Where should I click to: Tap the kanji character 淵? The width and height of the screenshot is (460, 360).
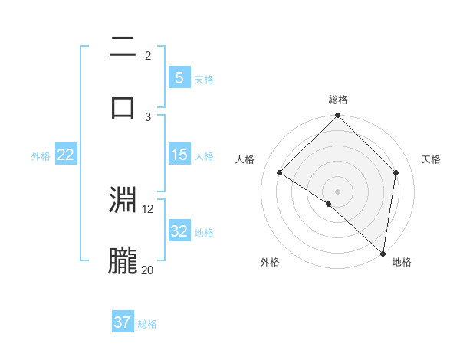[123, 201]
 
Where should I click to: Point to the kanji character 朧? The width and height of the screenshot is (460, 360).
[123, 261]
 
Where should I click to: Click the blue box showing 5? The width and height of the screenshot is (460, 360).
[179, 77]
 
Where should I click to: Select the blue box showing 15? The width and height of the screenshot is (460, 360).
[179, 155]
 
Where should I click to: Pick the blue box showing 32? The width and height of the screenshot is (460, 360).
[179, 231]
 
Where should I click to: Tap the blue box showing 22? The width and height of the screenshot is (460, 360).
[66, 155]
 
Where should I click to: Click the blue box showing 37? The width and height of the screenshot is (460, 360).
[123, 322]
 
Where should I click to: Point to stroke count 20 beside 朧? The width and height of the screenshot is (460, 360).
[147, 270]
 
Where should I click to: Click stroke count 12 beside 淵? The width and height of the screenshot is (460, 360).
[148, 208]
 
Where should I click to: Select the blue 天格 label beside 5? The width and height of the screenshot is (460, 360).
[203, 79]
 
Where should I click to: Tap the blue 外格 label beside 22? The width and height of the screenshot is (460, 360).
[41, 156]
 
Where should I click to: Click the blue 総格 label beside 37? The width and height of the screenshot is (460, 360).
[147, 324]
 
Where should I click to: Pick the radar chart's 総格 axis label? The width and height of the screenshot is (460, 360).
[337, 100]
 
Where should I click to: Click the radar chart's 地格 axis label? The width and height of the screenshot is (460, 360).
[402, 262]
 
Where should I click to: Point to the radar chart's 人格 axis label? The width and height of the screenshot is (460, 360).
[245, 159]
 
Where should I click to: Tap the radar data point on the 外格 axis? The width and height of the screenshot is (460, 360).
[328, 204]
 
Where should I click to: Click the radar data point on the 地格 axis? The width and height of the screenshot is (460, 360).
[383, 254]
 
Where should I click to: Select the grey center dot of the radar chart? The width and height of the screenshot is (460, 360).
[337, 191]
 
